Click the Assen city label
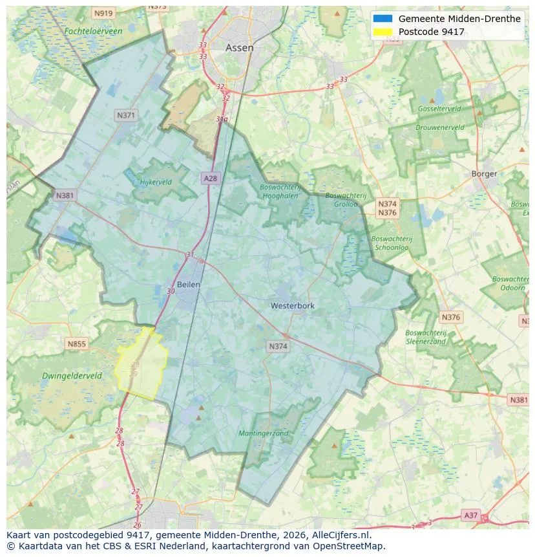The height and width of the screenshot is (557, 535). pos(239,48)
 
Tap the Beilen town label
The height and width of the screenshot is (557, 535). pos(188,284)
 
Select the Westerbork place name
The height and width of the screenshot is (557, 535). pos(293,305)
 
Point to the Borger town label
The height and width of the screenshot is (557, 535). pos(484,173)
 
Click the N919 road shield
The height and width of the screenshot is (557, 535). pos(103,13)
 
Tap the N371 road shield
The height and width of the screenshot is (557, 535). pos(126,115)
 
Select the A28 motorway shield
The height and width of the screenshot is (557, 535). pos(210,178)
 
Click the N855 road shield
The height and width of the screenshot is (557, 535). pos(76,344)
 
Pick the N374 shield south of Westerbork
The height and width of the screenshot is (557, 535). pos(278,347)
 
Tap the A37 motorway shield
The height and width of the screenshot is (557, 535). pos(472,515)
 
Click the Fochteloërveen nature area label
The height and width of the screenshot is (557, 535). pos(93,31)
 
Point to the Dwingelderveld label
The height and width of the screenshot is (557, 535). pos(72,375)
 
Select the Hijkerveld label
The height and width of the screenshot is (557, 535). pos(156,182)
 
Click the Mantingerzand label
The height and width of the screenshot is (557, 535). pos(263,433)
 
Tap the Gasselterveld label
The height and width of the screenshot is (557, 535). pos(439,109)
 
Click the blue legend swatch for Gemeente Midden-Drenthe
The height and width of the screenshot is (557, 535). pos(383,19)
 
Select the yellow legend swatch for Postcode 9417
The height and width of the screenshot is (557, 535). pos(383,32)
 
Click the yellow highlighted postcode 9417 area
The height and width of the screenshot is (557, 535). pos(142,366)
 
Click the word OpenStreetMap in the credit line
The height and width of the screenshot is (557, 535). pos(348,547)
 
